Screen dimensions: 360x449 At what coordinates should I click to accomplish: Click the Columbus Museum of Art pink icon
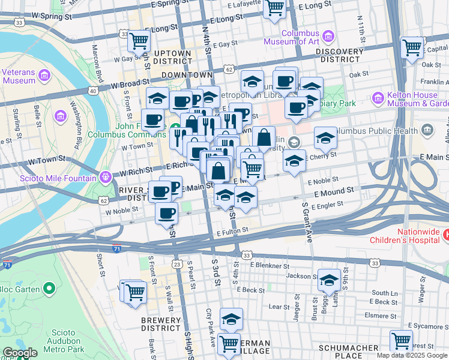328,37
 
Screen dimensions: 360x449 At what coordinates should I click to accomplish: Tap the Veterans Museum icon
44,76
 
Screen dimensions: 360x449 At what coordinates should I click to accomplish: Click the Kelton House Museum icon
378,97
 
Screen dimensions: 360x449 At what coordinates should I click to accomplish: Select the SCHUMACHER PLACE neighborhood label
348,352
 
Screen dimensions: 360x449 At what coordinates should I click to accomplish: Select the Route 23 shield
176,263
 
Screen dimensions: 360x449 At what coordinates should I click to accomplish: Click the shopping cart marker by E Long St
274,8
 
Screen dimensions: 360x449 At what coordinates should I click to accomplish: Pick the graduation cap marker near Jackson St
329,280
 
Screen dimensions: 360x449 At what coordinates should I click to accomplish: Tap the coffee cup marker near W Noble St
166,212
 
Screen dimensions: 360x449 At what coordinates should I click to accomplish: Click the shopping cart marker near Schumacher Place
401,340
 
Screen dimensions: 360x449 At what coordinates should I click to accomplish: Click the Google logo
19,353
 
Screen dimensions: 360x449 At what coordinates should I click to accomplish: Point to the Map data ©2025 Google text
411,355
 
